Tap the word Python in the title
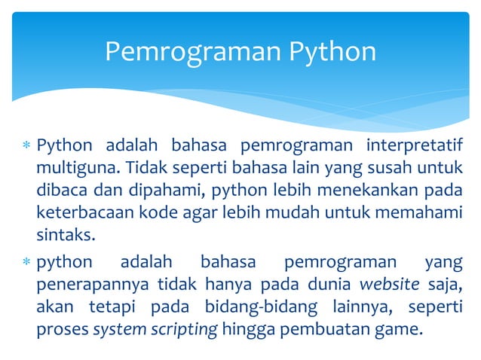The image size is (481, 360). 328,51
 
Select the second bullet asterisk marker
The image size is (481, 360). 26,263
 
